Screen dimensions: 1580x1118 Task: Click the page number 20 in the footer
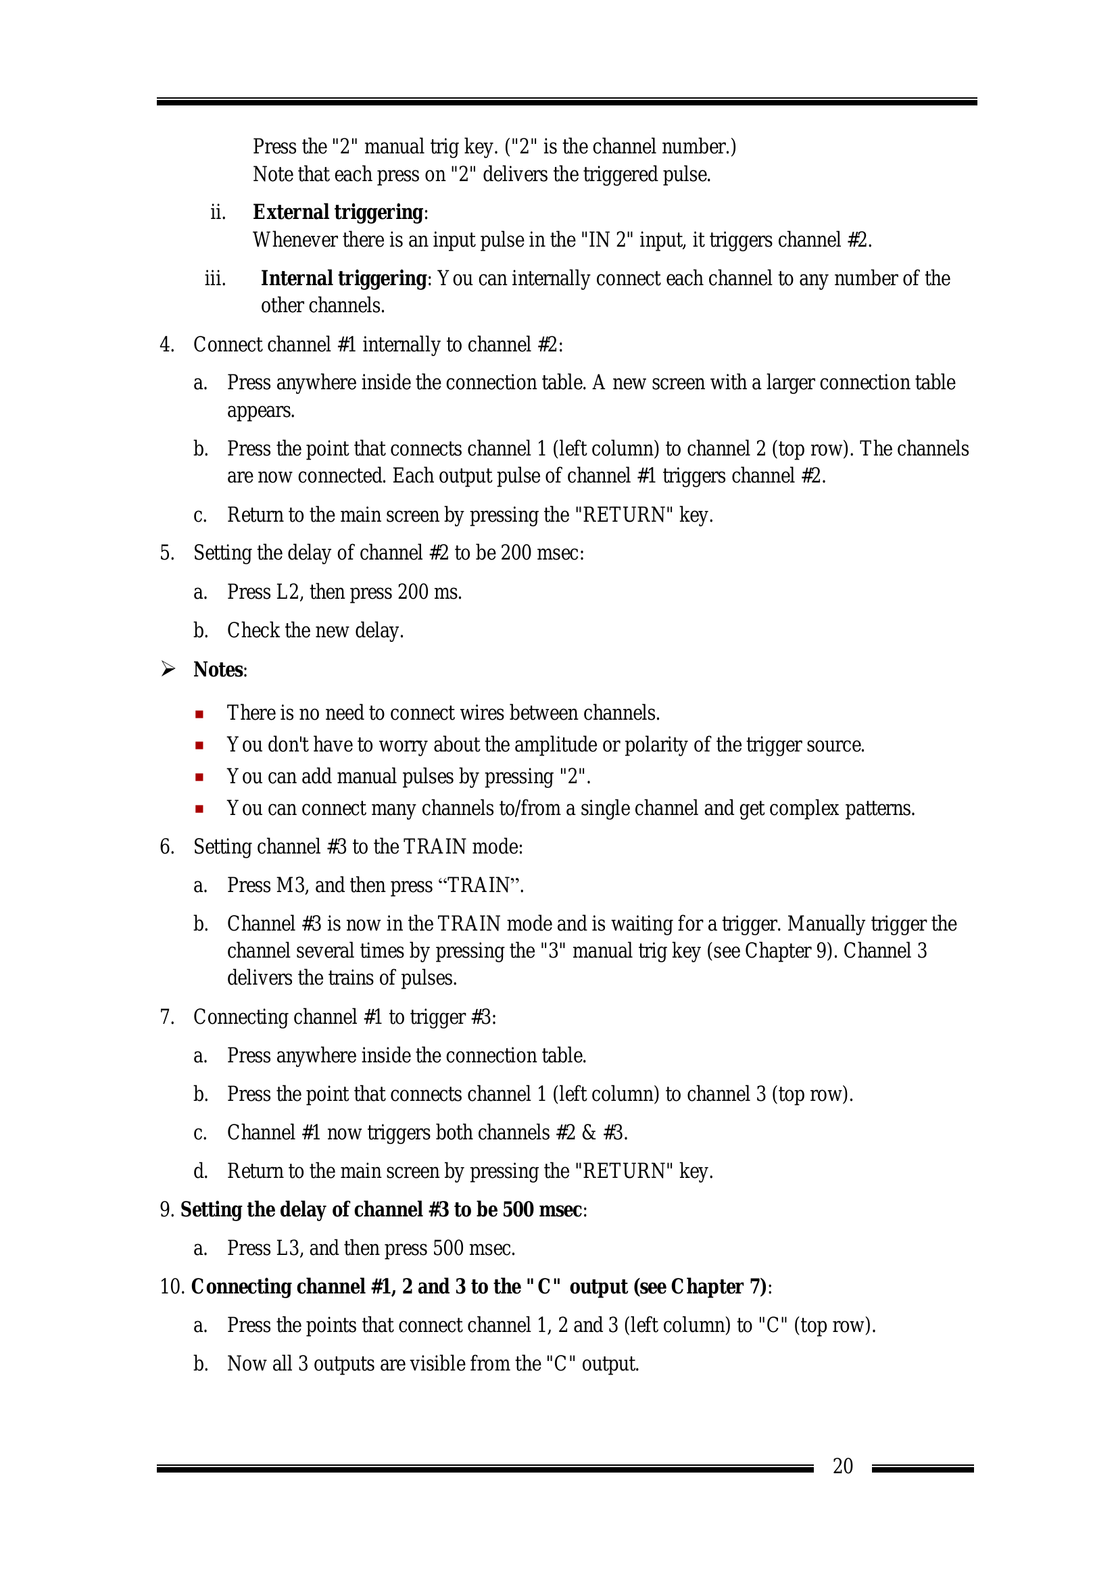843,1466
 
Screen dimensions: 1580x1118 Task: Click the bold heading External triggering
337,212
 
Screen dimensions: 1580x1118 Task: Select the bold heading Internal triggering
343,278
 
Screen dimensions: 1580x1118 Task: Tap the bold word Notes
218,670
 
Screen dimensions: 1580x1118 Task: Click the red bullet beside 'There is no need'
199,714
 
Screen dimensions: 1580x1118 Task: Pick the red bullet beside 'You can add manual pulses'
199,778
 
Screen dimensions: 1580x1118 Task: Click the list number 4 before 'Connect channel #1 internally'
166,345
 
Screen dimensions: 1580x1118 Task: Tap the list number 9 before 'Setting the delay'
166,1210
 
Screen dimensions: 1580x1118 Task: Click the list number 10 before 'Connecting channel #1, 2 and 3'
172,1287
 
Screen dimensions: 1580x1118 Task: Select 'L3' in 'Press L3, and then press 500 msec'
290,1248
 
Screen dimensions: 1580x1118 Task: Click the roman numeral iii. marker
215,278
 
